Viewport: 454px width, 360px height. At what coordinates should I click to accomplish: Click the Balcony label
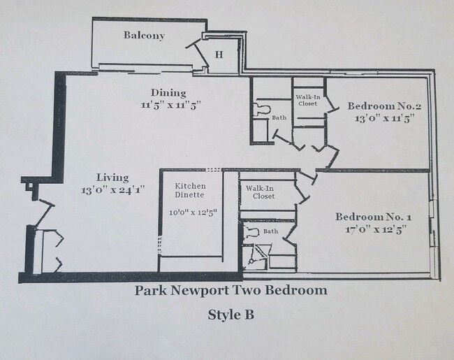tap(145, 36)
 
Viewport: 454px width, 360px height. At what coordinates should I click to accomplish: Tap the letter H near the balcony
tap(219, 55)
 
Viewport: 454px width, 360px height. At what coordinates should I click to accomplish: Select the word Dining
tap(169, 93)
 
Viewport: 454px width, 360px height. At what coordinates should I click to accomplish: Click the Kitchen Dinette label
tap(190, 190)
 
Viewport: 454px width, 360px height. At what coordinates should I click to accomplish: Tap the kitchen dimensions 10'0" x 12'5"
tap(191, 212)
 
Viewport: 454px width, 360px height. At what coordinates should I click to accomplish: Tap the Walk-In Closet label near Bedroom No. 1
tap(259, 192)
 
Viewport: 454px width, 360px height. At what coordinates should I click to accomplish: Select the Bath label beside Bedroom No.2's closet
tap(279, 117)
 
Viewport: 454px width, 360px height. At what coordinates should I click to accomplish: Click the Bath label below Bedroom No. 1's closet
tap(270, 231)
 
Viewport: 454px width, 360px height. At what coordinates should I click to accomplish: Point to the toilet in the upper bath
tap(262, 109)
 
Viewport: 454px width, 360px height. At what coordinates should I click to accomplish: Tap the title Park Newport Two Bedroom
tap(230, 289)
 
